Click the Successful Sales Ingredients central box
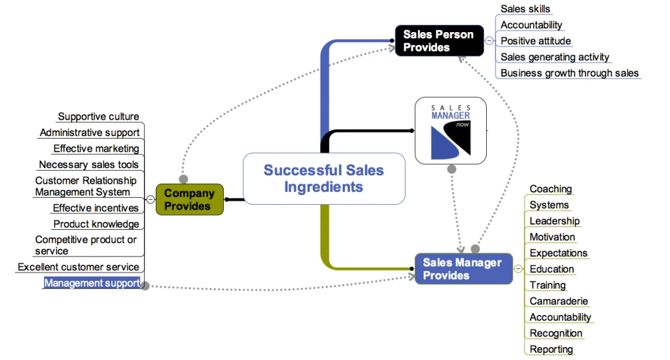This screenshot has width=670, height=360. pos(324,179)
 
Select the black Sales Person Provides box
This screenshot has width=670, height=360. pos(438,41)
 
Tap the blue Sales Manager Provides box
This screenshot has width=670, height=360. pos(463,269)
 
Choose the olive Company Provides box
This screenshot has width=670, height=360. pos(189,200)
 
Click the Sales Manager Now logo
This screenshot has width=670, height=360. pos(451,130)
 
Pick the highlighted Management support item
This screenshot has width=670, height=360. pos(92,283)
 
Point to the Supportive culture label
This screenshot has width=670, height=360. pos(98,117)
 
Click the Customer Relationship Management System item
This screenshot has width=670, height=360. pos(86,187)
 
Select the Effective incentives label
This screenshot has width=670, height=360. pos(96,208)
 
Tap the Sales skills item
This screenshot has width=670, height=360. pos(525,9)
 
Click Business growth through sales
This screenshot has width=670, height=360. pos(569,73)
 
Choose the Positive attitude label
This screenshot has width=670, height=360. pos(535,41)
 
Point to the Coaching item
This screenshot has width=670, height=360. pos(550,189)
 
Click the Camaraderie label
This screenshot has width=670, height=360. pos(558,301)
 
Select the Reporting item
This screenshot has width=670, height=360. pos(551,349)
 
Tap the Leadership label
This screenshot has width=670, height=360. pos(554,221)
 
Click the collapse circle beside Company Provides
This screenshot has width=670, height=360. pos(150,200)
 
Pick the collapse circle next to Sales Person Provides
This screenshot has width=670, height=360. pos(489,41)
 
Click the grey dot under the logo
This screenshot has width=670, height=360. pos(451,169)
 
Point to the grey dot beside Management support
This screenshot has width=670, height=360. pos(145,286)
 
